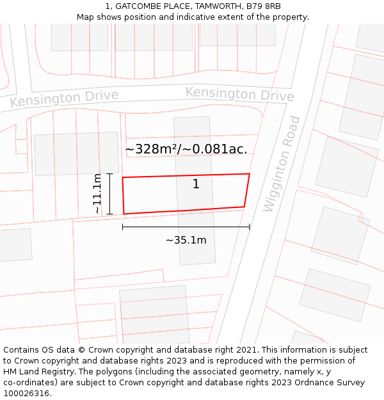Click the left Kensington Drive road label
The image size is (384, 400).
pyautogui.click(x=64, y=99)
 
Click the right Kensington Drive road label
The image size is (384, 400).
pyautogui.click(x=240, y=94)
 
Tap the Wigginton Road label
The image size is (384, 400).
pyautogui.click(x=282, y=164)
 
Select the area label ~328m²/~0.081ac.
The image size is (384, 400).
pyautogui.click(x=186, y=149)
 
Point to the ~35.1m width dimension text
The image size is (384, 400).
pyautogui.click(x=186, y=240)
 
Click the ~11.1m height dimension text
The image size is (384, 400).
pyautogui.click(x=97, y=194)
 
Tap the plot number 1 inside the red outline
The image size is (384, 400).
pyautogui.click(x=196, y=184)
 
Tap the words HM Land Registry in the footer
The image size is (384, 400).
pyautogui.click(x=36, y=371)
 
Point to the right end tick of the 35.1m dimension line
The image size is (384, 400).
pyautogui.click(x=250, y=227)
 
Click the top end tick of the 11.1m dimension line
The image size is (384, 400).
pyautogui.click(x=109, y=173)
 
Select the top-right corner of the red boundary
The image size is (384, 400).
pyautogui.click(x=249, y=173)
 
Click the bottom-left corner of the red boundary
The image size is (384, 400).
pyautogui.click(x=124, y=214)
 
